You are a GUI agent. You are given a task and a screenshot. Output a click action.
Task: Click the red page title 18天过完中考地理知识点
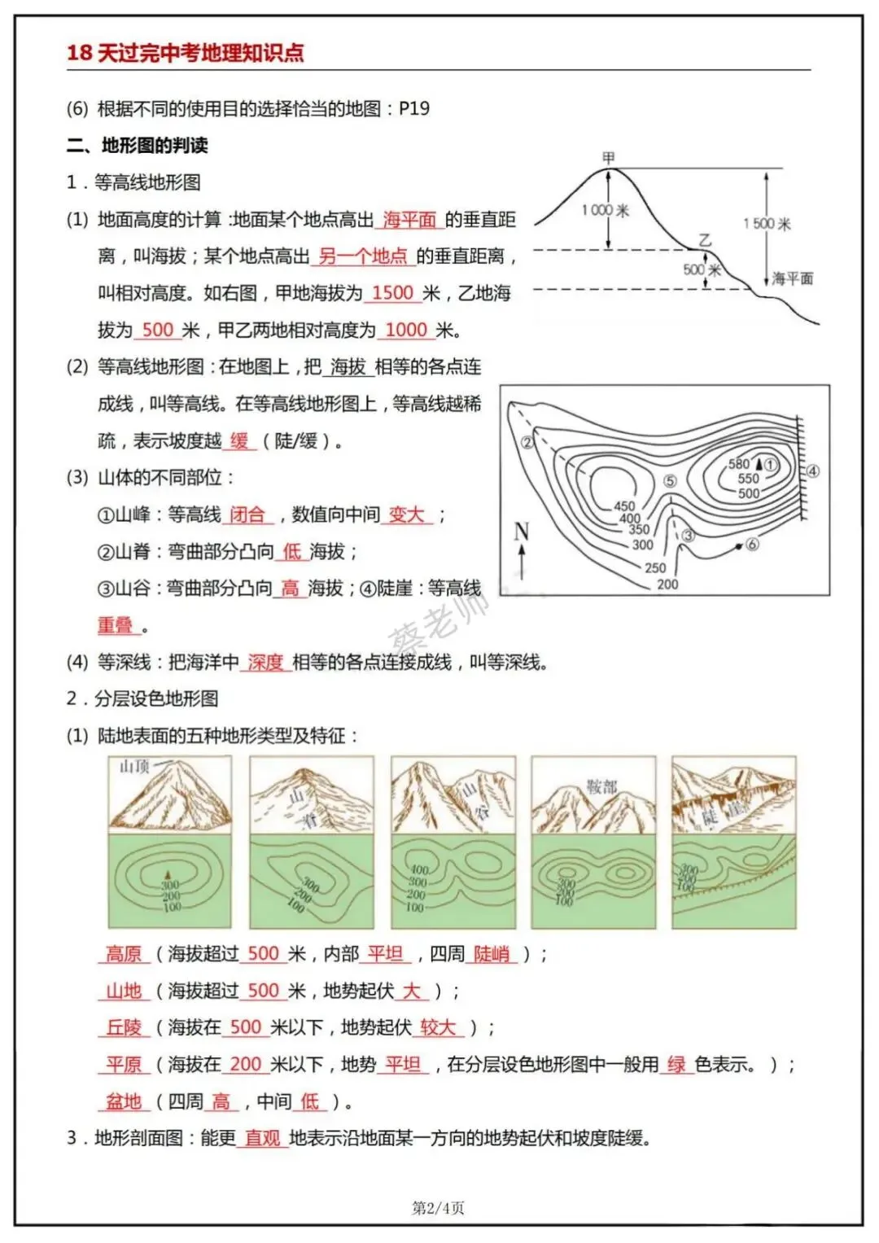point(185,53)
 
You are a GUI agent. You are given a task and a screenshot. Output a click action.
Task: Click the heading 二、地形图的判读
point(138,146)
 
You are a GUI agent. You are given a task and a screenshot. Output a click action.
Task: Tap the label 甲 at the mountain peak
point(609,156)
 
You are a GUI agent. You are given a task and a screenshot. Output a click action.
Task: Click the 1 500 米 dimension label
point(766,223)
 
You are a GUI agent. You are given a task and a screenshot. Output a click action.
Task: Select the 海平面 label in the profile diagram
point(792,278)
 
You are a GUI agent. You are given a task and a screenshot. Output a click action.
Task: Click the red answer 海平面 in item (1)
point(409,220)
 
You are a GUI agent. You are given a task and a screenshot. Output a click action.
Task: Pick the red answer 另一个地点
point(362,256)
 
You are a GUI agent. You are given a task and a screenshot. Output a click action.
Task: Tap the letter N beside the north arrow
point(521,532)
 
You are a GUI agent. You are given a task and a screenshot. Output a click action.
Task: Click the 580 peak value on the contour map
point(739,463)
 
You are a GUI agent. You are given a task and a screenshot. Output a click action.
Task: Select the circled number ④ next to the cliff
point(812,471)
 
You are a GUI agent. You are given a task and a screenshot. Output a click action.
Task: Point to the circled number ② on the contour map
point(527,443)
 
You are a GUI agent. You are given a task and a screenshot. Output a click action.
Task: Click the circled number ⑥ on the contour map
point(752,544)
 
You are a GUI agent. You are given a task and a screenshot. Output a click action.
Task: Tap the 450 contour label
point(624,506)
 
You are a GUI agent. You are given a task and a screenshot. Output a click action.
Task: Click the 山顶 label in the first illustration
point(134,767)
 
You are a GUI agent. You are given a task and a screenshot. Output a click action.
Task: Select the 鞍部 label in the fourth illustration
point(602,786)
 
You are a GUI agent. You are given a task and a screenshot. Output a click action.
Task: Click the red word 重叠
point(115,625)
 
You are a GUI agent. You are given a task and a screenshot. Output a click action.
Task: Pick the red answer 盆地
point(124,1101)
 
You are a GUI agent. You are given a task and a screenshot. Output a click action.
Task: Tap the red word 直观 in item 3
point(262,1138)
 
